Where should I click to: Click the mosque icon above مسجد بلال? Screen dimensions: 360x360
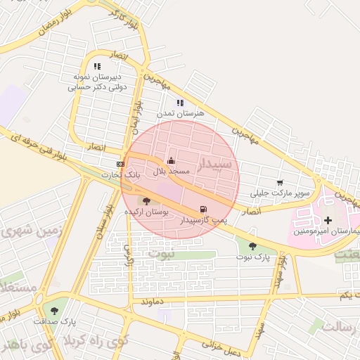tap(171, 160)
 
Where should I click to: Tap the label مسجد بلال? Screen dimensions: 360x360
tap(172, 171)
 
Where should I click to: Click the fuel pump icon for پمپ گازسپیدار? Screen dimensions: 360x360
tap(203, 209)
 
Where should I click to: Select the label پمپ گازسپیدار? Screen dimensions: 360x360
tap(202, 220)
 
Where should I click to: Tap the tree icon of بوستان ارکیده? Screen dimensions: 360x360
tap(146, 201)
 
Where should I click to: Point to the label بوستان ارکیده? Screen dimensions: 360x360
tap(146, 212)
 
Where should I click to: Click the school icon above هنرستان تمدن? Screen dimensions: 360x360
tap(180, 103)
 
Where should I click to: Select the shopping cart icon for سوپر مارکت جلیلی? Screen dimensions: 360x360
tap(280, 182)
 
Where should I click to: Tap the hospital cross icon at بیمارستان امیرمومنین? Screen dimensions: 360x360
tap(328, 220)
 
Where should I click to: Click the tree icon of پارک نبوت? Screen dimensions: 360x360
tap(252, 245)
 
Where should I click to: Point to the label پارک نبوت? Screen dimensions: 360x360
tap(253, 257)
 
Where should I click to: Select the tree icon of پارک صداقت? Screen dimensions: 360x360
tap(55, 310)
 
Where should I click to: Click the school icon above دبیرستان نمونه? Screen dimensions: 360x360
tap(97, 66)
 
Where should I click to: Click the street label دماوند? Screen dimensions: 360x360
tap(152, 301)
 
